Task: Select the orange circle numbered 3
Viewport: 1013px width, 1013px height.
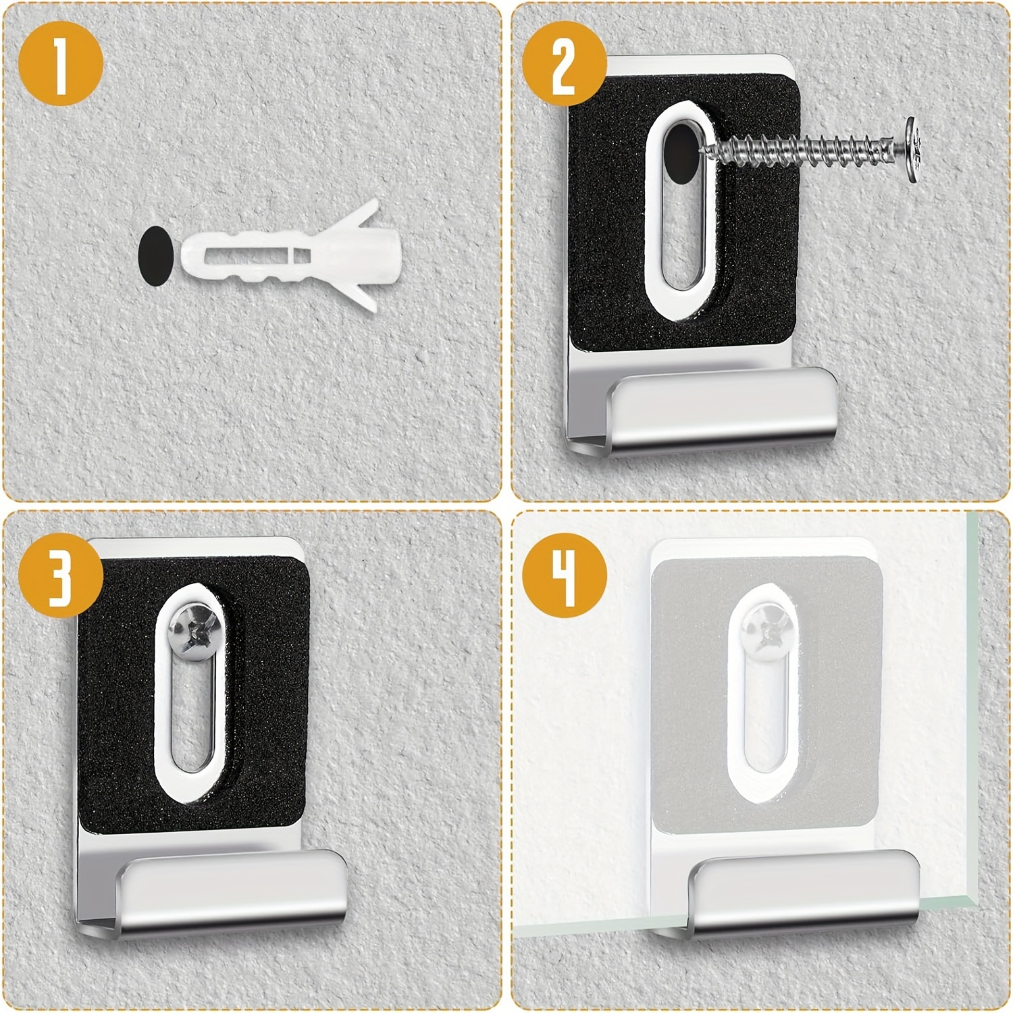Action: click(61, 575)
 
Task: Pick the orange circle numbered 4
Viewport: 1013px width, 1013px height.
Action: click(565, 575)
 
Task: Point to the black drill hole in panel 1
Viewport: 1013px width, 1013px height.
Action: click(155, 255)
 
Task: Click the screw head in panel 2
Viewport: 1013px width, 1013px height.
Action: click(913, 149)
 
